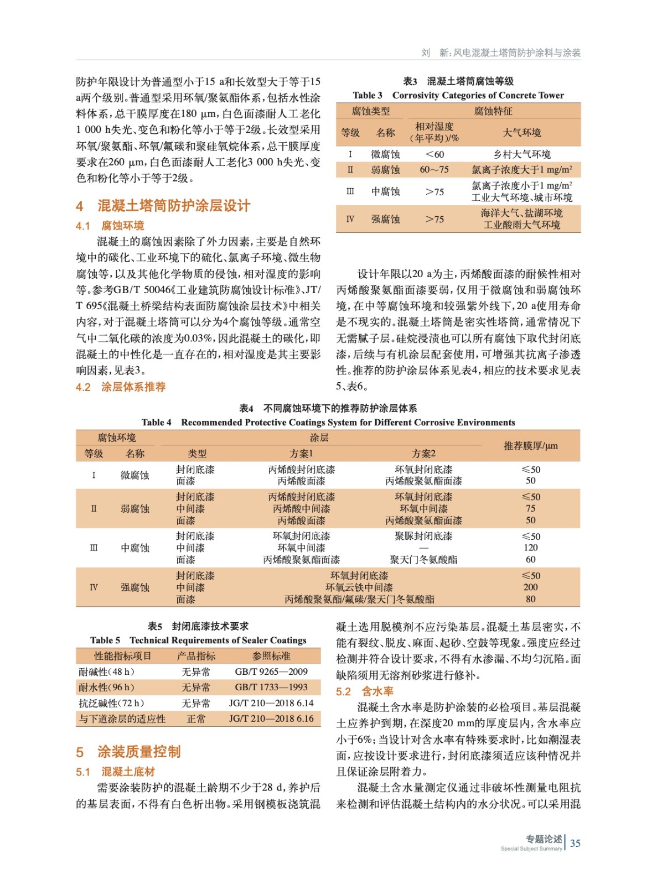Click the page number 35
[x=575, y=843]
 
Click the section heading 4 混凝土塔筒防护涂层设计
[x=163, y=206]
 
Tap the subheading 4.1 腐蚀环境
[x=110, y=226]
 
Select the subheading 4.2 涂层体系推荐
[x=121, y=387]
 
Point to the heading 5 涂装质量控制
[x=128, y=752]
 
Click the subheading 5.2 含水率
[x=365, y=691]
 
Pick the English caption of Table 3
[x=458, y=95]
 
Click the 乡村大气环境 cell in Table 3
[x=521, y=154]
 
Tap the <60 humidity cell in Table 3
[x=434, y=154]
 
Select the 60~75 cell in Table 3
[x=434, y=170]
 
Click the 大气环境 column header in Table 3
[x=521, y=133]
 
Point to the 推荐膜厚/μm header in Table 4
[x=530, y=446]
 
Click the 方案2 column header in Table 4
[x=423, y=454]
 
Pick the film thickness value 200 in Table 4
[x=530, y=587]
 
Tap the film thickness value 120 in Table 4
[x=530, y=548]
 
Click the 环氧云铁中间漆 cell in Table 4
[x=359, y=587]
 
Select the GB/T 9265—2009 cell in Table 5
[x=271, y=671]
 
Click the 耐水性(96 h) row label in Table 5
[x=106, y=688]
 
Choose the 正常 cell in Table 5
[x=196, y=719]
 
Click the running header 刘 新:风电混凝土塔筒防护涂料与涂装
[x=500, y=53]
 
